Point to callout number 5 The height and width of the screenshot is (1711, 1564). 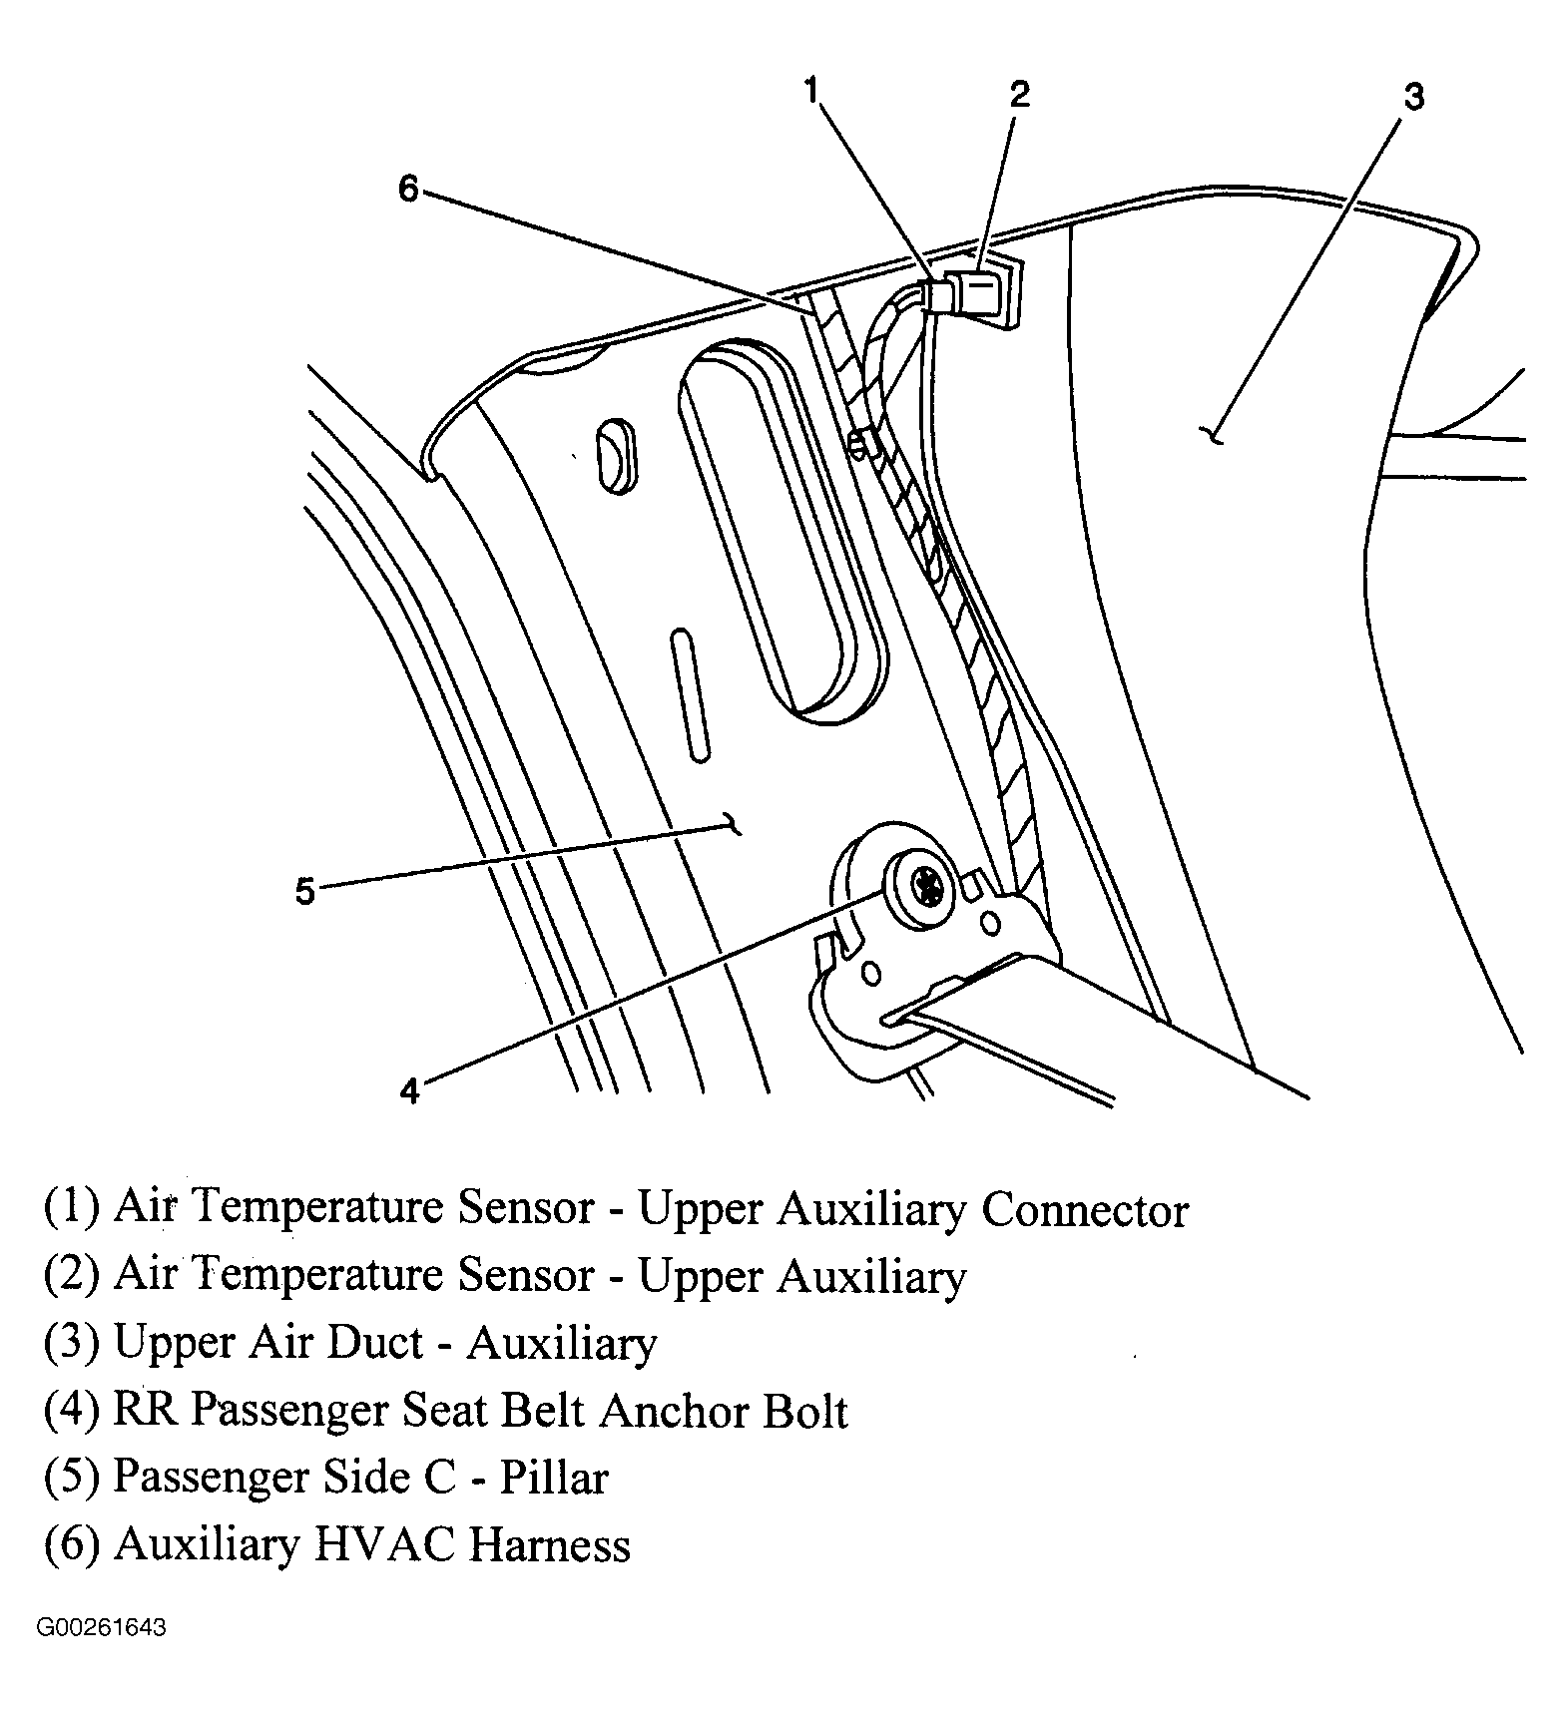304,890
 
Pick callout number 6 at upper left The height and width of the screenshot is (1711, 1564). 409,188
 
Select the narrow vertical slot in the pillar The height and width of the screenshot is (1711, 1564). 690,696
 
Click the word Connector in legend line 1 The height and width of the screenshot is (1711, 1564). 1085,1210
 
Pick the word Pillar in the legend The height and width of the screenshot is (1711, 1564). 553,1478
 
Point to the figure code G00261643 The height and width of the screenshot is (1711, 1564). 102,1629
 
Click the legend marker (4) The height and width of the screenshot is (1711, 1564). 71,1412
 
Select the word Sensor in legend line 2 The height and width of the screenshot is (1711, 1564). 525,1276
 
